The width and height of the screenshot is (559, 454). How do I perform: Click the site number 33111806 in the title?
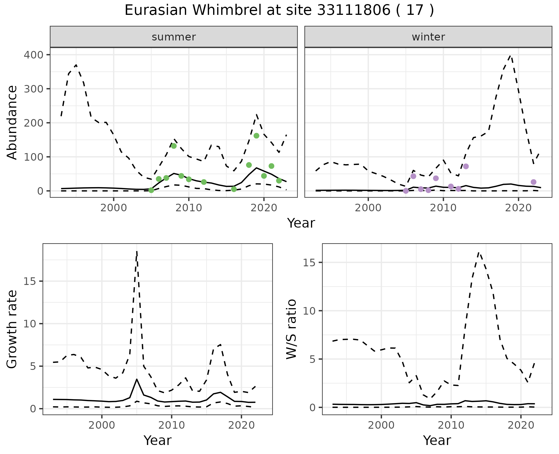tap(353, 10)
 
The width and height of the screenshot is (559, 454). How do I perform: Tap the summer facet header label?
tap(174, 37)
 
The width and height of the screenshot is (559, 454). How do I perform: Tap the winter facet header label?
tap(428, 37)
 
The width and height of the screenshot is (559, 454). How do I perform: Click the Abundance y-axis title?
tap(12, 123)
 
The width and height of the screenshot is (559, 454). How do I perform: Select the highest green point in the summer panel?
tap(256, 136)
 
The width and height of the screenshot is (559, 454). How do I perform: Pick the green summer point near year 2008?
tap(174, 146)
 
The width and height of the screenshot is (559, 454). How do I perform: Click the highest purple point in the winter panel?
tap(466, 166)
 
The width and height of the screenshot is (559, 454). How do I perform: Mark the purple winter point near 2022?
tap(533, 182)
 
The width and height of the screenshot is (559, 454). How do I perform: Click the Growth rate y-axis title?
tap(12, 329)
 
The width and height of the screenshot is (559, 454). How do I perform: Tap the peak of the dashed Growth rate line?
tap(137, 251)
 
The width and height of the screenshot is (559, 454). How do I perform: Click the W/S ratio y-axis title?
tap(291, 329)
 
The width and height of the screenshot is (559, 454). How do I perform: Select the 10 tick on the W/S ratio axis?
tap(309, 311)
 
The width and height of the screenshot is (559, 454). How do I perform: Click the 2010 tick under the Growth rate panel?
tap(171, 425)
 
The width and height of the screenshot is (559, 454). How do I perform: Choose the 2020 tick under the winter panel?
tap(518, 208)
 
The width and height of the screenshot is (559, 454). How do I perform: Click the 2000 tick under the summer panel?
tap(114, 208)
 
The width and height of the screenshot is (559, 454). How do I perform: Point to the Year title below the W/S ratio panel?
tap(437, 440)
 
